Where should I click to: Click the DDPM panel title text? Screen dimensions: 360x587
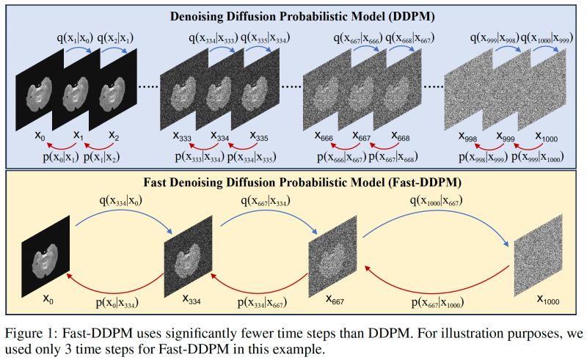click(293, 13)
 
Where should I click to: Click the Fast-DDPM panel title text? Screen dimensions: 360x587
click(293, 179)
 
